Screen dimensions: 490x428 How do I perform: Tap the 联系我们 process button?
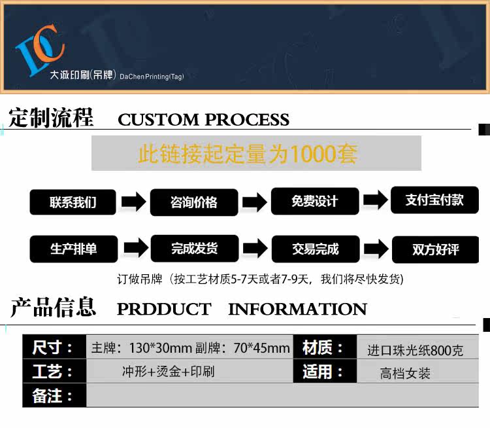pyautogui.click(x=73, y=202)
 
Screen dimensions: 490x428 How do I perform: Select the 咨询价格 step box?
pyautogui.click(x=193, y=202)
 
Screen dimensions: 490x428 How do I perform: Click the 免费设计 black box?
pyautogui.click(x=315, y=201)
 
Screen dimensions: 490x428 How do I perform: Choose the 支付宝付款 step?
pyautogui.click(x=434, y=200)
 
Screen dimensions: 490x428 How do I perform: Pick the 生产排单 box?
pyautogui.click(x=73, y=249)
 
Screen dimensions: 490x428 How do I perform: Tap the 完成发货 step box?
pyautogui.click(x=194, y=248)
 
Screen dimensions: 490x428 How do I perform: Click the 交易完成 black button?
pyautogui.click(x=315, y=249)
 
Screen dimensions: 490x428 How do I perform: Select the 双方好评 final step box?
pyautogui.click(x=434, y=249)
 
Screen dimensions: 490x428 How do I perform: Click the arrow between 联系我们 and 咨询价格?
pyautogui.click(x=133, y=202)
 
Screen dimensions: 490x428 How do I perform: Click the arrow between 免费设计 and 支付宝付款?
pyautogui.click(x=375, y=201)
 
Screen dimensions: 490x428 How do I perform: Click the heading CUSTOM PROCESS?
pyautogui.click(x=203, y=120)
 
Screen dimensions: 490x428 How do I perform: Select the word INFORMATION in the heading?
pyautogui.click(x=297, y=309)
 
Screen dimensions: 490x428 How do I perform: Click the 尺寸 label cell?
pyautogui.click(x=54, y=348)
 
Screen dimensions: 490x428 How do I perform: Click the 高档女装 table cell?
pyautogui.click(x=405, y=374)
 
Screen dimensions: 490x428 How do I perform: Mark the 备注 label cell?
pyautogui.click(x=54, y=396)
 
